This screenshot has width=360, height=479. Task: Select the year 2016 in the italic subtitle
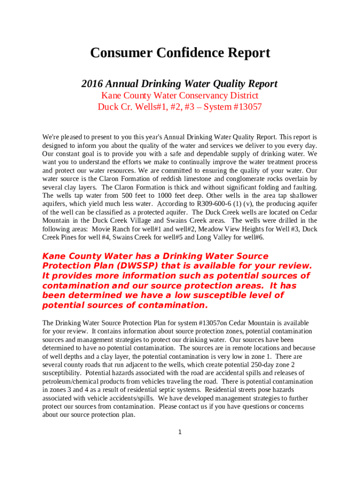click(x=92, y=84)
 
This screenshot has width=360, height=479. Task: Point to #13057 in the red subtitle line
click(x=245, y=107)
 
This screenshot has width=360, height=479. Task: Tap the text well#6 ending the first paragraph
click(x=253, y=238)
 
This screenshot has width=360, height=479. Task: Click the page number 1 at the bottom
click(x=180, y=432)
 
